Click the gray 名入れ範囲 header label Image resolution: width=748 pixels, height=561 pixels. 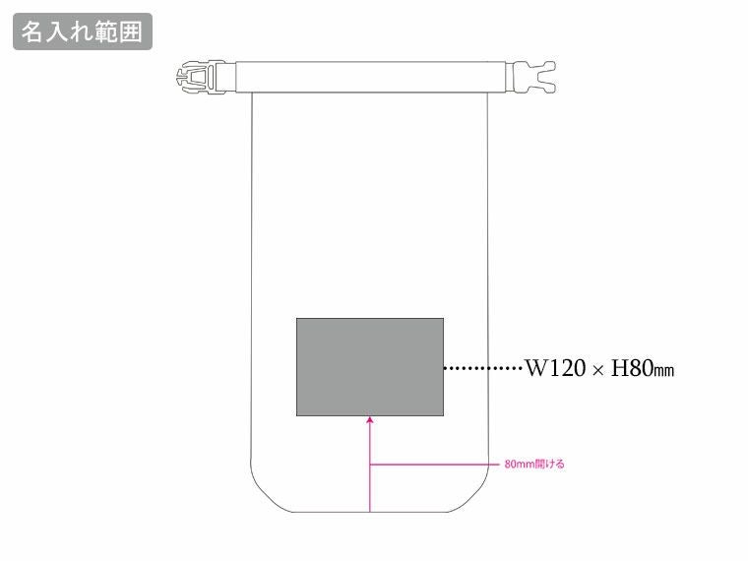click(x=83, y=31)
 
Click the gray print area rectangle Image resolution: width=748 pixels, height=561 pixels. click(x=370, y=366)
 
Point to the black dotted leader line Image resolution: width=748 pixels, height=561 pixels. click(x=482, y=369)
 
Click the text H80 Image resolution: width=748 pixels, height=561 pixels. click(x=632, y=369)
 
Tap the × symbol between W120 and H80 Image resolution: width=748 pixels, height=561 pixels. click(x=598, y=370)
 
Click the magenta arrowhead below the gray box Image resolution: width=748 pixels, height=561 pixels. click(x=370, y=421)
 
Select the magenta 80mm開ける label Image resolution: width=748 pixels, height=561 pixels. click(x=533, y=464)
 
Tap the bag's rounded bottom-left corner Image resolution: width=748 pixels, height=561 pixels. click(x=263, y=498)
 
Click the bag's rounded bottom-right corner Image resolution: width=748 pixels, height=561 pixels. click(x=479, y=498)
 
